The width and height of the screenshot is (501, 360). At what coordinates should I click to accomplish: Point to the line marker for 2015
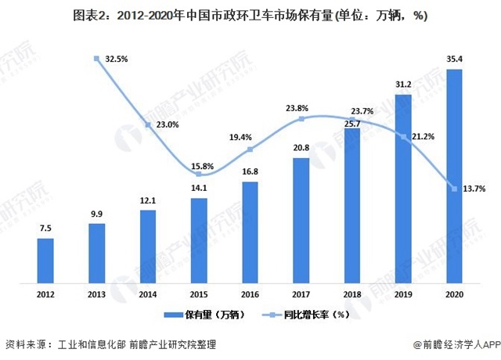pos(199,175)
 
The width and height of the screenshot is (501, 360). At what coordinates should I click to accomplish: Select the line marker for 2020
pos(454,188)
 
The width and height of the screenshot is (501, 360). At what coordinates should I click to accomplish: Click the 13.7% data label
pos(475,188)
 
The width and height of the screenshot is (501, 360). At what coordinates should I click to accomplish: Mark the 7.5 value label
pos(45,229)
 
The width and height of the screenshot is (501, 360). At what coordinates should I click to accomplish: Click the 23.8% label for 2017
pos(301,108)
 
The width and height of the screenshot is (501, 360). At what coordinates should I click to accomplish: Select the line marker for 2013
pos(97,58)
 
